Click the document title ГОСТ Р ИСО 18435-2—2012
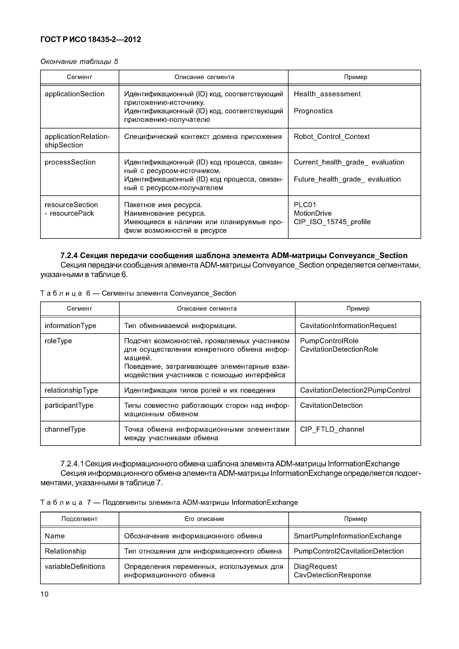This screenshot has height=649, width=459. coord(90,40)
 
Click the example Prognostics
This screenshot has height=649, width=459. coord(313,111)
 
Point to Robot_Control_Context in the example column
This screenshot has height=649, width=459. coord(331,137)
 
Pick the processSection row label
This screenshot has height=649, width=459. coord(70,162)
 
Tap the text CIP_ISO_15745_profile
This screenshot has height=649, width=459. coord(332,222)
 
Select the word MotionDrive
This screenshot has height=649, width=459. coord(312,213)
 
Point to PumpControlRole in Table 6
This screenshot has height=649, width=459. coord(329,341)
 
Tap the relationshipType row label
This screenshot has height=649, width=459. coord(71,390)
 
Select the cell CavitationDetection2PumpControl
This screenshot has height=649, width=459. coord(355,390)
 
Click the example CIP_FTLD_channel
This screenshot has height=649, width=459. coord(332,429)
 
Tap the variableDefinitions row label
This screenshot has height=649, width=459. coord(75,566)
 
